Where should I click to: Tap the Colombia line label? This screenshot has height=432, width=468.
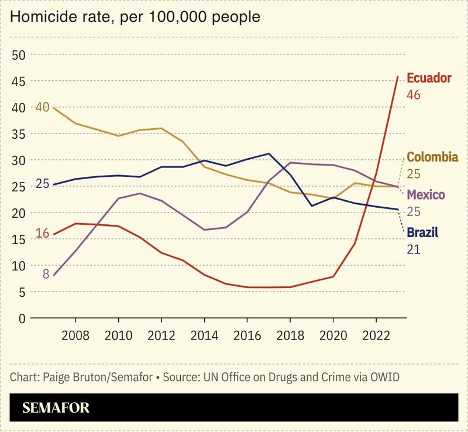tap(432, 157)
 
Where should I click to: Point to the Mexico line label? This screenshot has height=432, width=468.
tap(425, 195)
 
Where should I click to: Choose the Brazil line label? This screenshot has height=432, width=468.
tap(422, 233)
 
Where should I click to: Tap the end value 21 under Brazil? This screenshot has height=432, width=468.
tap(413, 249)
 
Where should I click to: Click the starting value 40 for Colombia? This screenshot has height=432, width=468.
tap(42, 107)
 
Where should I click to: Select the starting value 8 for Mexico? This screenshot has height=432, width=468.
tap(46, 273)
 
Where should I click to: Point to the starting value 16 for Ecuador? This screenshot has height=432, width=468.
tap(42, 234)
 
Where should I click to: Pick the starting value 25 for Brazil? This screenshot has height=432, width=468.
tap(42, 184)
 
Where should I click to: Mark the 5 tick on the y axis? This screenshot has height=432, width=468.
tap(22, 292)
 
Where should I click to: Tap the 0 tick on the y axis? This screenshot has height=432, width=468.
tap(22, 318)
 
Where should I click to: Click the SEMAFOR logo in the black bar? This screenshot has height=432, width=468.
tap(56, 408)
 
